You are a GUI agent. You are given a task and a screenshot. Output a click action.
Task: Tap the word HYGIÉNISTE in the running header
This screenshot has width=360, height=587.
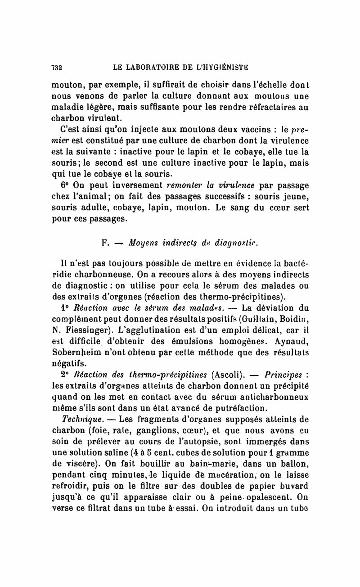pos(221,68)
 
